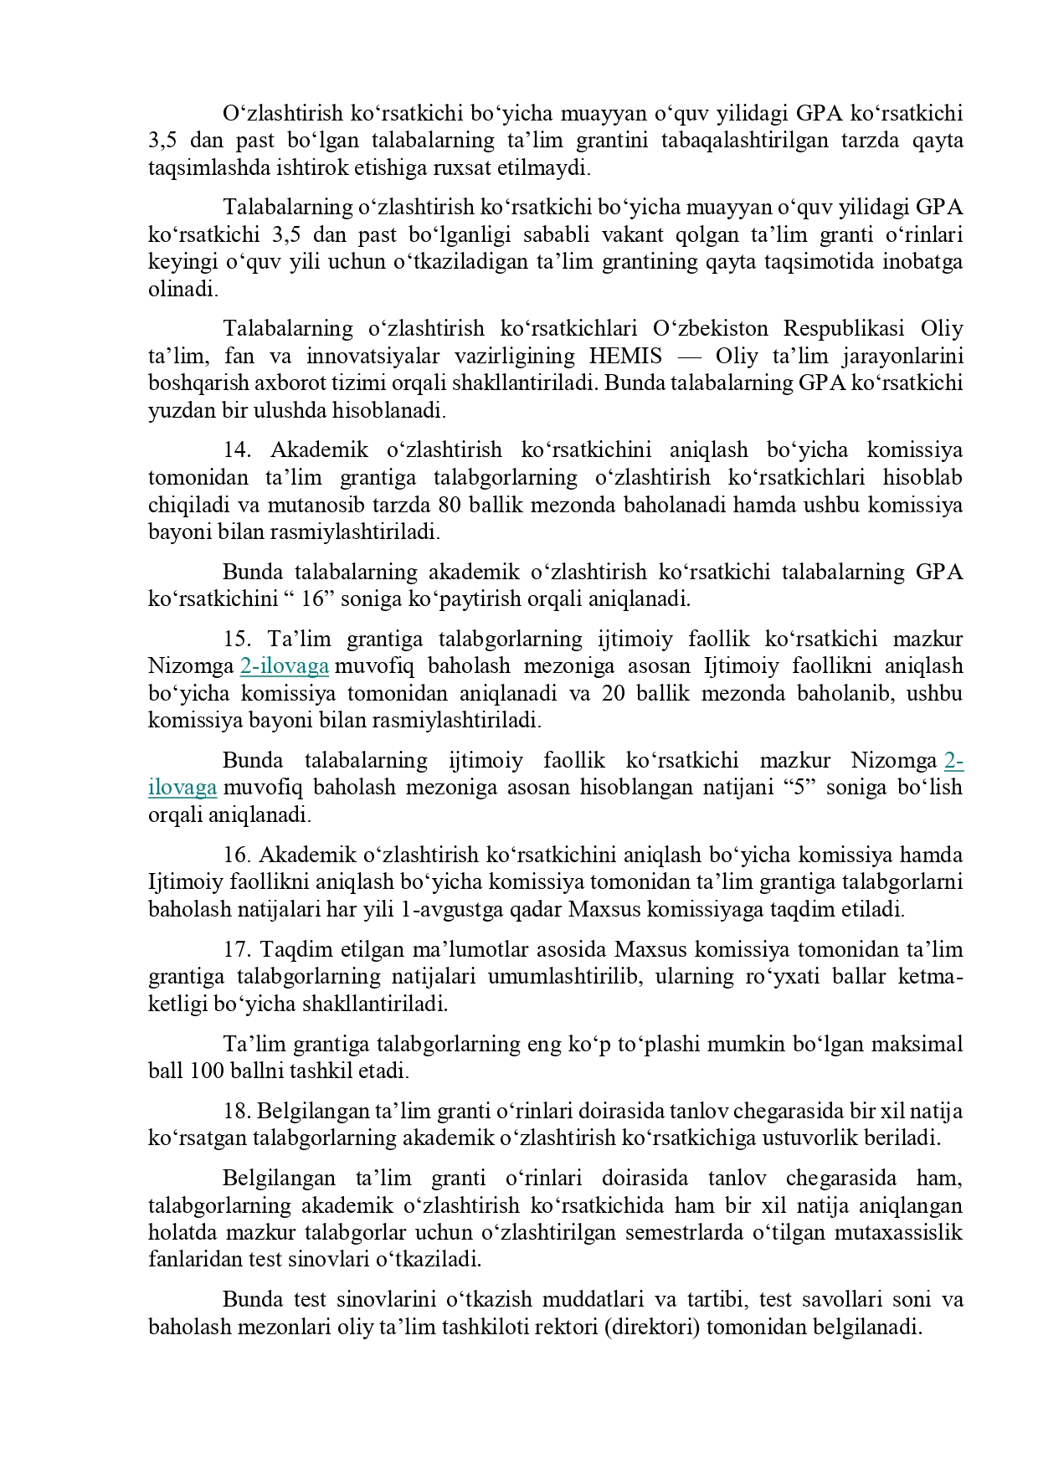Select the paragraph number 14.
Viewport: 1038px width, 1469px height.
(237, 450)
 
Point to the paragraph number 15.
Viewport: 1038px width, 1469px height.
(237, 639)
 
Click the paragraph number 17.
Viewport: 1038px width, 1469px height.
(237, 949)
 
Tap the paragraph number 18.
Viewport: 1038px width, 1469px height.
(237, 1111)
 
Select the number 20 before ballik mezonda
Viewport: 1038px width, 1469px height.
(614, 693)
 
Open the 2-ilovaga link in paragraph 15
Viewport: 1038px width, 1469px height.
(285, 666)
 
